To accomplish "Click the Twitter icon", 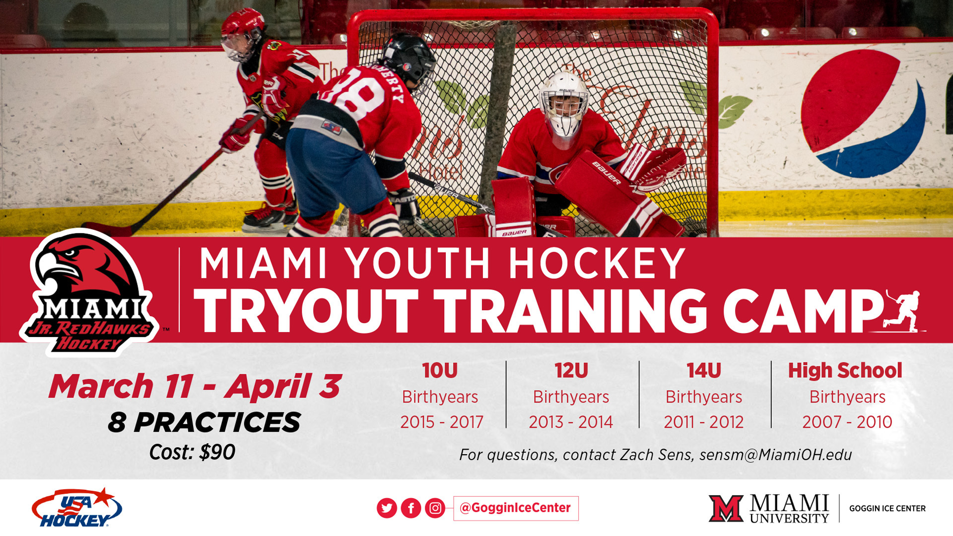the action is [x=387, y=508].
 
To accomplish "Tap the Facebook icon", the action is [x=411, y=508].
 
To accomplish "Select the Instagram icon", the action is [x=435, y=508].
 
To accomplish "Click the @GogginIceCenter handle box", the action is [x=516, y=508].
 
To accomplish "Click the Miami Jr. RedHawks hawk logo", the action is [x=89, y=292].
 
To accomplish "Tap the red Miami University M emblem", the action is [x=726, y=508].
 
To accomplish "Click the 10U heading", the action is [x=440, y=371].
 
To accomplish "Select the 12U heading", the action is [x=571, y=371].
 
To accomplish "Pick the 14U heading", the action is [x=704, y=371].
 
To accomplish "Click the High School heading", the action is [x=845, y=371].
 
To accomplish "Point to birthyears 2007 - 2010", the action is [x=847, y=422].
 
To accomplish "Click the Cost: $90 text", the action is [x=192, y=452].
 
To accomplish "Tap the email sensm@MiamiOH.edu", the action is [x=776, y=455].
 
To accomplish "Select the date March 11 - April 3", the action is [x=195, y=386].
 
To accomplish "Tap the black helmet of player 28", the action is [x=410, y=58].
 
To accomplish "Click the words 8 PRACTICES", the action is [x=204, y=422].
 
